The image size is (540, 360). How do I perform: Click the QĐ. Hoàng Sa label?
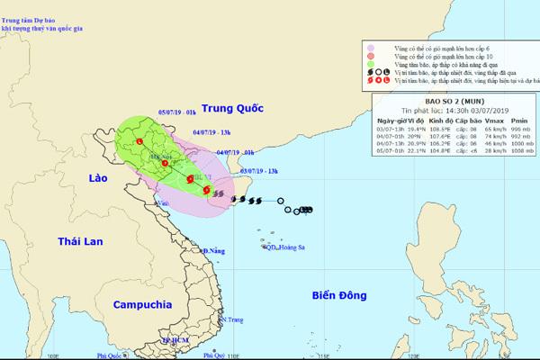pyautogui.click(x=277, y=248)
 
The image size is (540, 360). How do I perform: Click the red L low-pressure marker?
pyautogui.click(x=139, y=141)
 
